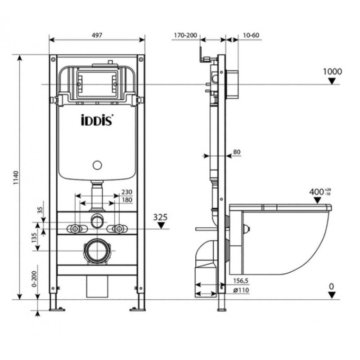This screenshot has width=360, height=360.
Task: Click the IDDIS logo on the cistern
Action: click(x=97, y=120)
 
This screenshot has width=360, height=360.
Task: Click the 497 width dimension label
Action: click(x=97, y=35)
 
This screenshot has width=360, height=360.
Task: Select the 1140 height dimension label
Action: click(x=15, y=178)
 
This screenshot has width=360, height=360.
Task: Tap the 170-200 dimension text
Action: click(x=185, y=35)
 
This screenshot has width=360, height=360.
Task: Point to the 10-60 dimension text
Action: click(x=251, y=35)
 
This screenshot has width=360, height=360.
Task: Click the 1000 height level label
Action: click(x=332, y=72)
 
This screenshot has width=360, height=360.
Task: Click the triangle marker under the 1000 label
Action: click(x=332, y=81)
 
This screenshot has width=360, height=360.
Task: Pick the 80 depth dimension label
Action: click(x=237, y=152)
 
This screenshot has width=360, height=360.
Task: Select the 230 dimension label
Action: click(x=127, y=192)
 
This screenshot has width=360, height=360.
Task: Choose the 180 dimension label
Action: click(x=127, y=200)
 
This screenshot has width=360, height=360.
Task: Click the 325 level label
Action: click(x=160, y=217)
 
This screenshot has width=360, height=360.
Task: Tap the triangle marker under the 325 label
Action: click(x=161, y=226)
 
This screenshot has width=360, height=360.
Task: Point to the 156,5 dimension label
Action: click(x=241, y=281)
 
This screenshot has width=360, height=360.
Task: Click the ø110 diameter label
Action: click(x=241, y=290)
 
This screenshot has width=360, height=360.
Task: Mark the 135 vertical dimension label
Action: click(x=35, y=238)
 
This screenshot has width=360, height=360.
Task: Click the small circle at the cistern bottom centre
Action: click(x=97, y=165)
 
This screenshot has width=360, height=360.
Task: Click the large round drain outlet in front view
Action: click(x=97, y=251)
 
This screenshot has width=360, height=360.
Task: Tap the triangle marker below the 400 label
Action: click(x=317, y=200)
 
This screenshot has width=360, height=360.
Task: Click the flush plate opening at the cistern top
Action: click(x=97, y=84)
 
